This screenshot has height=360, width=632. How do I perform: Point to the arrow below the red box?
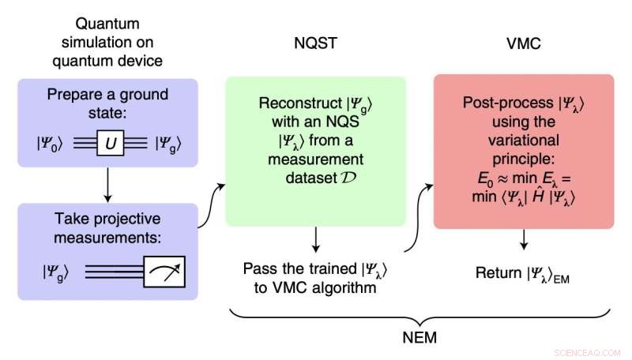coord(524,241)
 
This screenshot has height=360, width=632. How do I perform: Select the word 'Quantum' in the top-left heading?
coord(107,24)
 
